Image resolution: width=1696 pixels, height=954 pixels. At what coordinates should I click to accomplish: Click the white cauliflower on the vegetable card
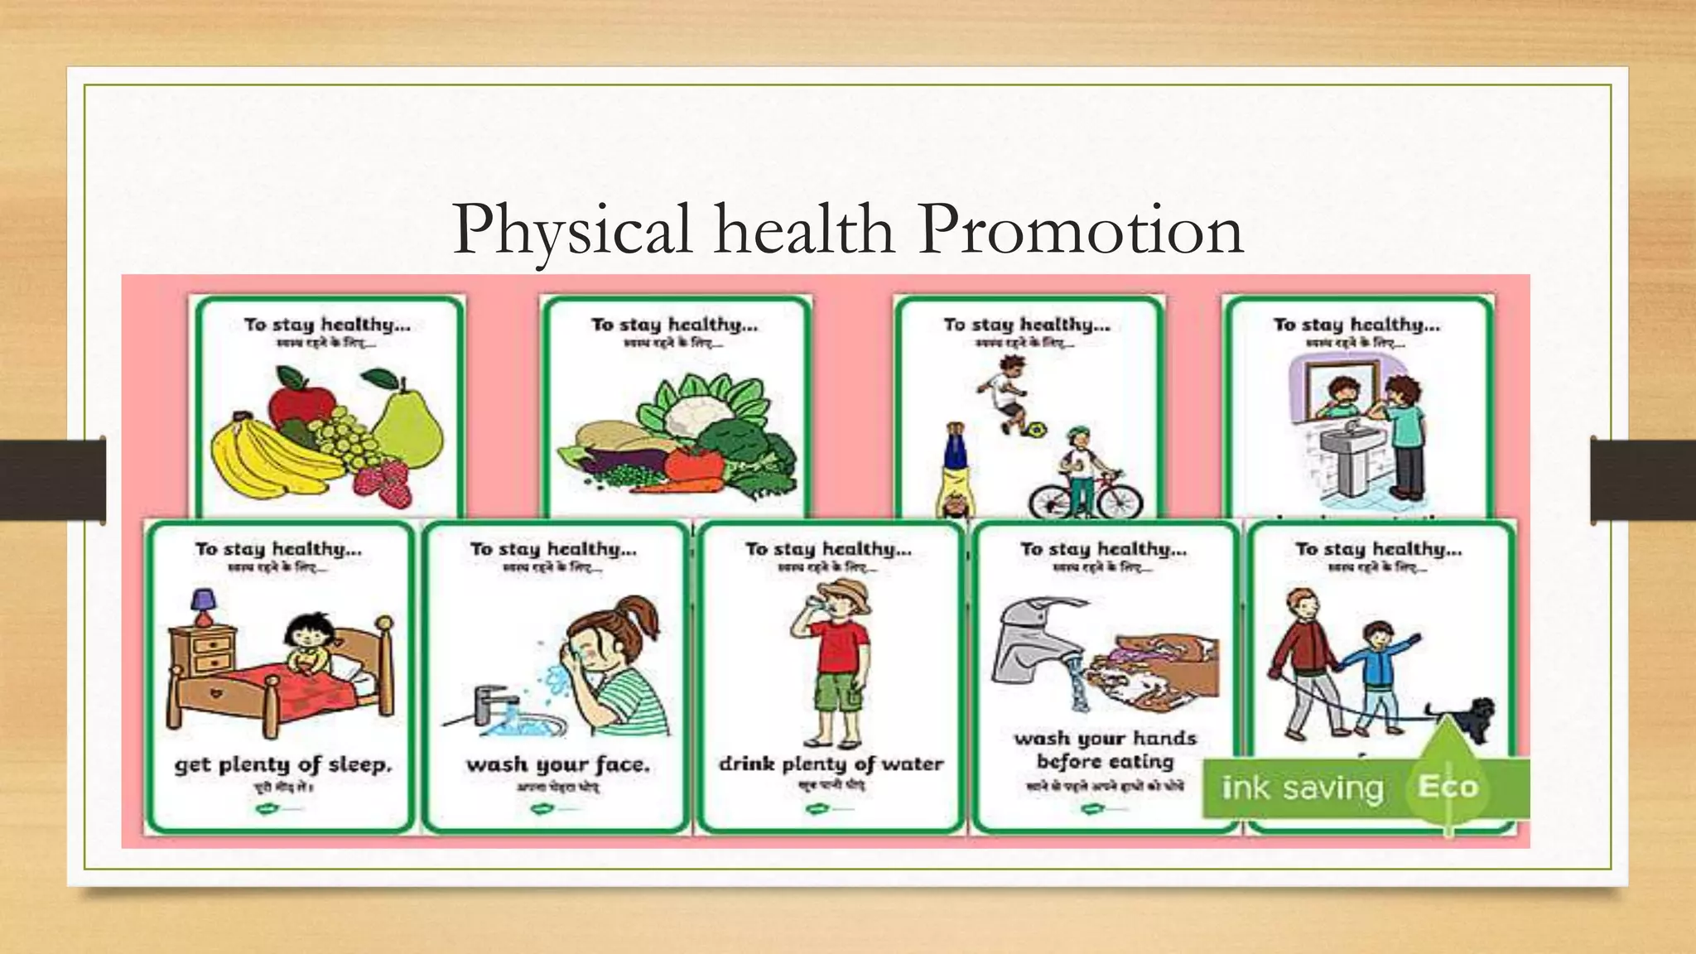694,406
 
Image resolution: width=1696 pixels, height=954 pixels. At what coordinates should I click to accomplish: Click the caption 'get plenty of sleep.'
282,764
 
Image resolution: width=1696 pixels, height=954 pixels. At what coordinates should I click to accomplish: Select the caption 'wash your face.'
557,764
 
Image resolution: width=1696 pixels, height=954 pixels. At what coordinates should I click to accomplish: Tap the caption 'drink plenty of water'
831,764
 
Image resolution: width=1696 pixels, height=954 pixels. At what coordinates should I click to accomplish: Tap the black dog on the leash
1464,717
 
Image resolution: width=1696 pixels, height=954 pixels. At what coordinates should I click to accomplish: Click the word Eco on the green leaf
1448,786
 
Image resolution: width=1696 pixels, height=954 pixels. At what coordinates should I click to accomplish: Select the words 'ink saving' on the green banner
1303,788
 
